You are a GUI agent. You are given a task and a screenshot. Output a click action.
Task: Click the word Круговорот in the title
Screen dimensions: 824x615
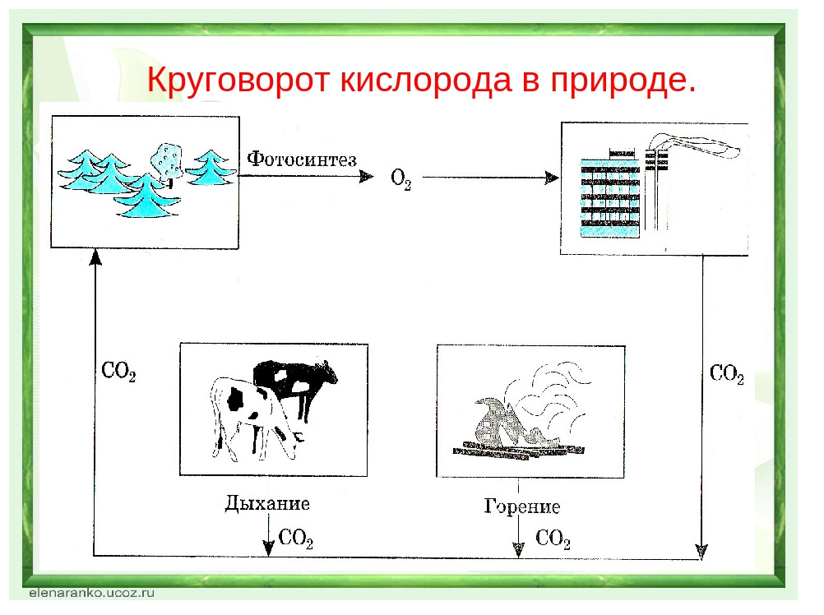[x=238, y=81]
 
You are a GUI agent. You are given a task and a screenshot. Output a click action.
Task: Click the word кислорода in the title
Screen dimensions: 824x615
[x=426, y=81]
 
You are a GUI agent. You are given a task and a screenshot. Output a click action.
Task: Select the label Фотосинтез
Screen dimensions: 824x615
[x=302, y=160]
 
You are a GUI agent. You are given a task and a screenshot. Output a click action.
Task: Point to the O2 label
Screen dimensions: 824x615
[x=401, y=179]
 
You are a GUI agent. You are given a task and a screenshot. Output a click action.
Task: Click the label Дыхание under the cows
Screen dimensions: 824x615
[x=267, y=503]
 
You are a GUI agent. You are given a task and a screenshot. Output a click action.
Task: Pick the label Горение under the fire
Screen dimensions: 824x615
[x=522, y=506]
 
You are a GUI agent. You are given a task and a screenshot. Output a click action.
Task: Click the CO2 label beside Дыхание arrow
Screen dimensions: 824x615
[x=296, y=538]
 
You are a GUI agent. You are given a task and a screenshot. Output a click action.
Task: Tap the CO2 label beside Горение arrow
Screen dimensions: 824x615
[x=553, y=539]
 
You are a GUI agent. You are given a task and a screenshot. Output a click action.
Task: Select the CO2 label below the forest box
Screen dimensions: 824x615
[x=118, y=372]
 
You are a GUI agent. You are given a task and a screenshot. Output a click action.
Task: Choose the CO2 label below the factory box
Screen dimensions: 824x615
[x=727, y=374]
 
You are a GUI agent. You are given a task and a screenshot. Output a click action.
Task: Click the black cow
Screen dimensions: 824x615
[x=294, y=383]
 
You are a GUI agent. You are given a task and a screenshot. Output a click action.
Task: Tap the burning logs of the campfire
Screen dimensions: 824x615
[x=517, y=451]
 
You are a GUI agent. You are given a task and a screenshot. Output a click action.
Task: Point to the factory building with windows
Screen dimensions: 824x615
[x=610, y=197]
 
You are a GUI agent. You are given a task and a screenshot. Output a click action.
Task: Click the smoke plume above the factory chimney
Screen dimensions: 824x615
[x=694, y=144]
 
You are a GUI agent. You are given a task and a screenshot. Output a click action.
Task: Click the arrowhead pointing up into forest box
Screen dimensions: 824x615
[x=95, y=257]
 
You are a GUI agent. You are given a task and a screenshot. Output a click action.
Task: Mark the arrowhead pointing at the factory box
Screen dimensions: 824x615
[x=552, y=178]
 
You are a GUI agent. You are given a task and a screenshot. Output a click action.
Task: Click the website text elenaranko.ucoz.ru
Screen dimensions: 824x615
[x=92, y=593]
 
